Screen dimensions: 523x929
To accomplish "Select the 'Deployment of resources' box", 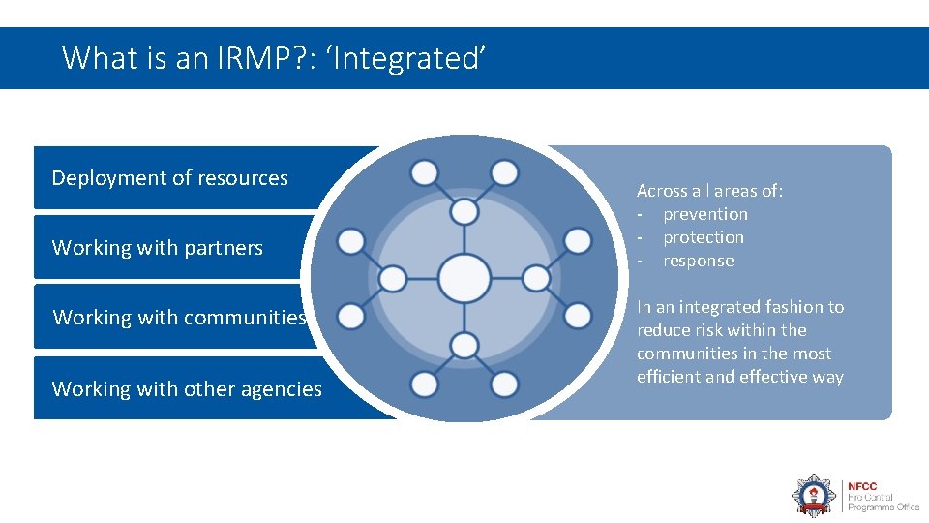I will point(170,178).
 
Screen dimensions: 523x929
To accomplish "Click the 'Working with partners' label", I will point(158,248).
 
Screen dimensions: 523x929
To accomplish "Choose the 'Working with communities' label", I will point(180,318).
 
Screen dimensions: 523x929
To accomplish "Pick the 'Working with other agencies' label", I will point(187,389).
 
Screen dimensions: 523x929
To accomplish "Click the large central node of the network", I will point(464,278).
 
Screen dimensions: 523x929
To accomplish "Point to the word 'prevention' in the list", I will point(705,214).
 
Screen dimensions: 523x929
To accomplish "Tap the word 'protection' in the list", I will point(704,237).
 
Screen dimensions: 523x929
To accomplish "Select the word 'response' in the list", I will point(699,261).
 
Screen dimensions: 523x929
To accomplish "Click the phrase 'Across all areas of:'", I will point(710,191).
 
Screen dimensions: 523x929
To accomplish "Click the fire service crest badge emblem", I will point(813,495).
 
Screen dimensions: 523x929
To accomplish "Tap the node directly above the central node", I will point(464,211).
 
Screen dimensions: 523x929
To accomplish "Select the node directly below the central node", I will point(464,345).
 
